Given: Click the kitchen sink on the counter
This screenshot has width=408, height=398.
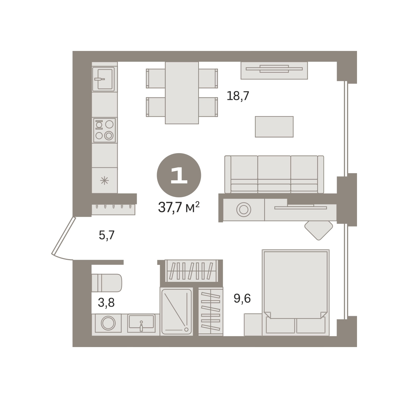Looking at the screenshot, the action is [x=103, y=79].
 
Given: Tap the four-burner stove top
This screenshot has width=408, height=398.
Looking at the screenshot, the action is [x=104, y=130].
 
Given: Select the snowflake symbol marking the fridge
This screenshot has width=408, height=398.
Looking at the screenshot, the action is [x=104, y=180].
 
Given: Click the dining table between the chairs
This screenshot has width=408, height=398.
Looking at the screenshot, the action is [x=182, y=93].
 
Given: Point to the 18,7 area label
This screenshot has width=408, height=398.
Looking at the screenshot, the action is [x=238, y=96].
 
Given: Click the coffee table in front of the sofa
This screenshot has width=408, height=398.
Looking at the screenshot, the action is [x=274, y=127].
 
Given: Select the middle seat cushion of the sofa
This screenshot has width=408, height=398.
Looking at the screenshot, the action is [x=274, y=174].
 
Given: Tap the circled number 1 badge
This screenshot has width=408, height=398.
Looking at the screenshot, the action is [x=179, y=175].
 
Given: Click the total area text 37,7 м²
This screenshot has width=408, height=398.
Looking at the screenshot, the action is [x=178, y=207].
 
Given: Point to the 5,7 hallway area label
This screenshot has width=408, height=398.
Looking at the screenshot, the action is [x=106, y=235].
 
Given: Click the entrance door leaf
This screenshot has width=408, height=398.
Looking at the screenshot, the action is [x=63, y=236].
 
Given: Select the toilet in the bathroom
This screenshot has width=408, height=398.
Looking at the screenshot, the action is [x=106, y=283].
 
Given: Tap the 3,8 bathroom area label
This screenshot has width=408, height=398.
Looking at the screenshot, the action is [x=106, y=303].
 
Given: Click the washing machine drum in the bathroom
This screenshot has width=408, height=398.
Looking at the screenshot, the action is [x=108, y=323].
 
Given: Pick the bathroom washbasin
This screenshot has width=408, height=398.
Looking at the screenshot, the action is [x=141, y=323].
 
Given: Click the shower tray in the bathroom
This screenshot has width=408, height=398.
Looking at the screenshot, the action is [x=176, y=312].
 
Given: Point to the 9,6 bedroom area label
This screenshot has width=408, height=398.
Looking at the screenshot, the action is [x=242, y=298].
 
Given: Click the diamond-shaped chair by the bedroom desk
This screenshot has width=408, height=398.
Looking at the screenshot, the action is [x=319, y=230].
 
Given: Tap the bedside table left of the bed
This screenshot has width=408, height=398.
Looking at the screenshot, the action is [x=253, y=325].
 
